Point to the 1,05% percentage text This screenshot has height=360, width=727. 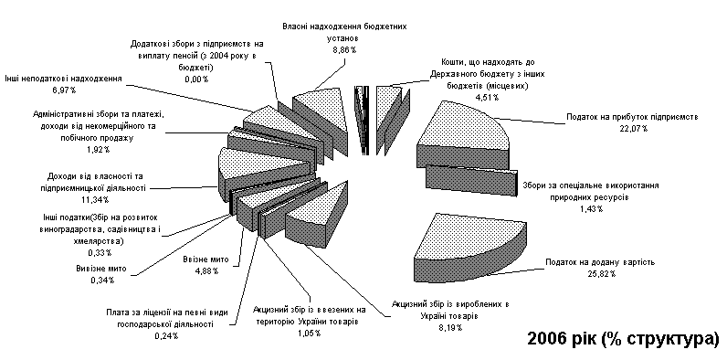[309, 334]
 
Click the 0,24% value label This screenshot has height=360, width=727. [166, 336]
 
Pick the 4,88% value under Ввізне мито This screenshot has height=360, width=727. [206, 271]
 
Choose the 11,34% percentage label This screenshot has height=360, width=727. [97, 200]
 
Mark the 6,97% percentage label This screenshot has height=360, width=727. [64, 90]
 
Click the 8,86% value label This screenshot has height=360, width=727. [344, 50]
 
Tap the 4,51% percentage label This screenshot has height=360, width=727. [487, 97]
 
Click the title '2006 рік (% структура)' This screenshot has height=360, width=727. [623, 339]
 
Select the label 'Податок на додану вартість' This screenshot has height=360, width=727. [600, 262]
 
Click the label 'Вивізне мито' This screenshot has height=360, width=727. [101, 269]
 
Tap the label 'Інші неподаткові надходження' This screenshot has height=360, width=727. [64, 79]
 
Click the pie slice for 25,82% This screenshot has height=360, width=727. [470, 249]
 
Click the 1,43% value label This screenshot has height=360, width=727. [592, 209]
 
